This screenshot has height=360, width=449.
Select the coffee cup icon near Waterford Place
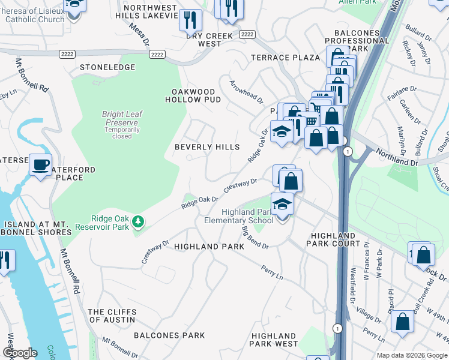click(41, 164)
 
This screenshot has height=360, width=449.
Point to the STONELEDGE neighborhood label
click(107, 68)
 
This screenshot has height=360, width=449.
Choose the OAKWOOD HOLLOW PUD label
click(196, 95)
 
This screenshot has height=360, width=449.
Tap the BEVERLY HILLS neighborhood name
click(207, 147)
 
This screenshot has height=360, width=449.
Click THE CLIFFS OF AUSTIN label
click(113, 316)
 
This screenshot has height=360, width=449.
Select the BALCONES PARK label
click(169, 335)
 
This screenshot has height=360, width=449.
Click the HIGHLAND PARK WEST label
click(274, 340)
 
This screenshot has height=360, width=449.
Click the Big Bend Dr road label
click(255, 237)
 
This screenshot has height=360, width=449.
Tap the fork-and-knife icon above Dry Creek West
click(190, 20)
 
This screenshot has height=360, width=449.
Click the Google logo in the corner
click(20, 353)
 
